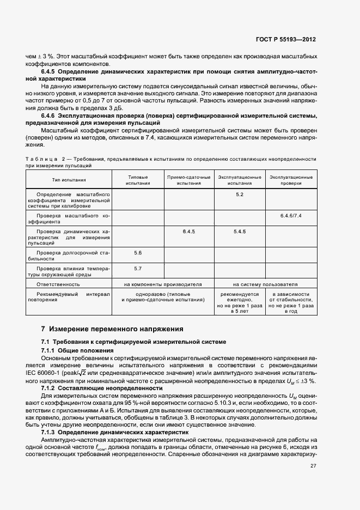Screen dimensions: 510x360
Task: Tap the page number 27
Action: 313,465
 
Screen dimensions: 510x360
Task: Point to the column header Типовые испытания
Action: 137,180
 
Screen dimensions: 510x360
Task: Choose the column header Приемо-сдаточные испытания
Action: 188,180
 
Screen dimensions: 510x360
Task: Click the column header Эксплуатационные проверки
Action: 291,180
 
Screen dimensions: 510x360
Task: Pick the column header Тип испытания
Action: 69,180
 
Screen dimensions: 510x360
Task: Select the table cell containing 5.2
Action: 240,195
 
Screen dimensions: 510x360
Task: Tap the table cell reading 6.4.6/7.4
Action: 291,216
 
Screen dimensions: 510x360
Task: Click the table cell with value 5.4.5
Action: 240,232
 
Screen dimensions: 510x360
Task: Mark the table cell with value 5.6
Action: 137,253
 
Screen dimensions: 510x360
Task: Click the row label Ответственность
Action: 58,284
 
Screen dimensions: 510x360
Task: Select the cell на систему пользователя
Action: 265,284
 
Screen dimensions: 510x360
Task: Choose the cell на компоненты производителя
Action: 163,284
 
